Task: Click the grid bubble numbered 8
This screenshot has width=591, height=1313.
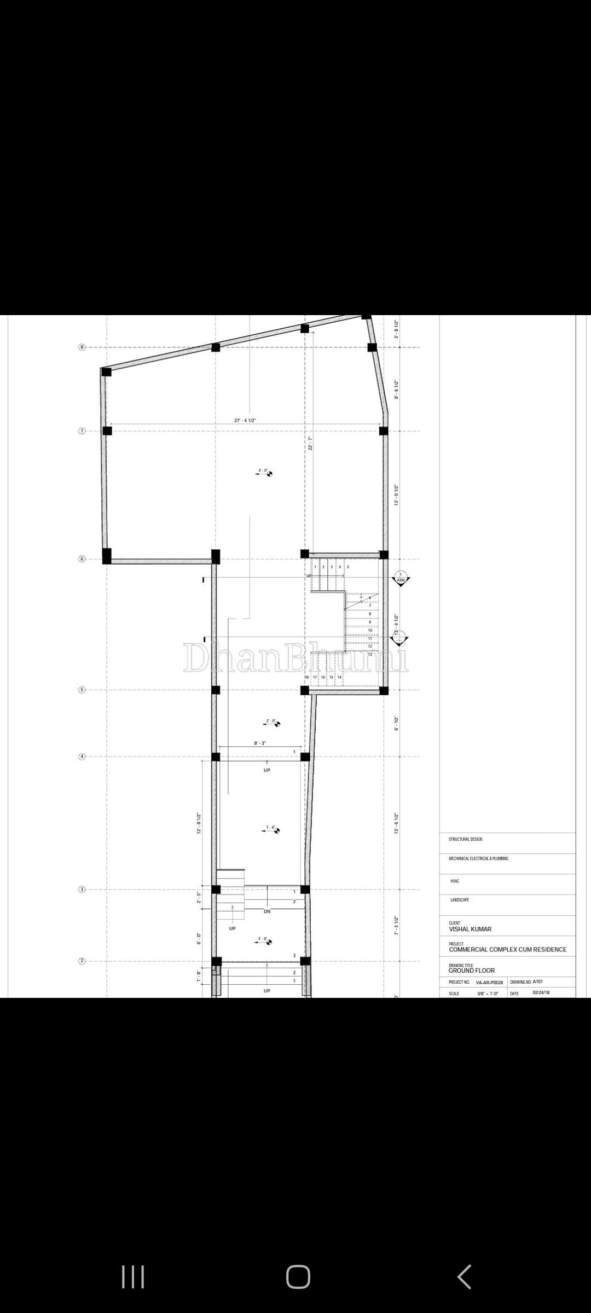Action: tap(82, 347)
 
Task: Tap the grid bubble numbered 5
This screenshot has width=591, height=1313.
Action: tap(82, 690)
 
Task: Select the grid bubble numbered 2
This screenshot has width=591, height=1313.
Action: tap(82, 961)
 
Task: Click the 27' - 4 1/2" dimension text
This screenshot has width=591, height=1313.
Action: tap(245, 420)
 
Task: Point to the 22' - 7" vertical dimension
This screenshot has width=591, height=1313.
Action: tap(310, 443)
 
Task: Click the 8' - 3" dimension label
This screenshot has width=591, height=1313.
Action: tap(260, 743)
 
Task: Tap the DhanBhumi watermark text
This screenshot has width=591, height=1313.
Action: tap(296, 658)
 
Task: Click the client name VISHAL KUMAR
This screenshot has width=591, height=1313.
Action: tap(470, 929)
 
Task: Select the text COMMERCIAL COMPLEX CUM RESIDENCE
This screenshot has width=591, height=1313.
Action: tap(507, 950)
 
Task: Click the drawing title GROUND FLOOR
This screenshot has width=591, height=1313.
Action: tap(471, 971)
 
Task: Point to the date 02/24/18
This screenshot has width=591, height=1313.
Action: tap(541, 992)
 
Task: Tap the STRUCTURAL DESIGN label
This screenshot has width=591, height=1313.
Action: tap(465, 839)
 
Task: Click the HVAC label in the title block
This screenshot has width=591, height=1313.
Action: tap(455, 881)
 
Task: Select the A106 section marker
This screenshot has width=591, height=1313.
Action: tap(401, 579)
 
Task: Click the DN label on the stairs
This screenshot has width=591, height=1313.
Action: tap(267, 911)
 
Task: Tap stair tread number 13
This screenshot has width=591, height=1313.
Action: tap(370, 655)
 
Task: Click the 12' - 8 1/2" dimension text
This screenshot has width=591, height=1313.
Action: tap(199, 823)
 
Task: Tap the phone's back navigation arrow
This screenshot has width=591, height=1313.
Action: tap(464, 1277)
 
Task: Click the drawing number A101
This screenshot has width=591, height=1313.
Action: tap(538, 981)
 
